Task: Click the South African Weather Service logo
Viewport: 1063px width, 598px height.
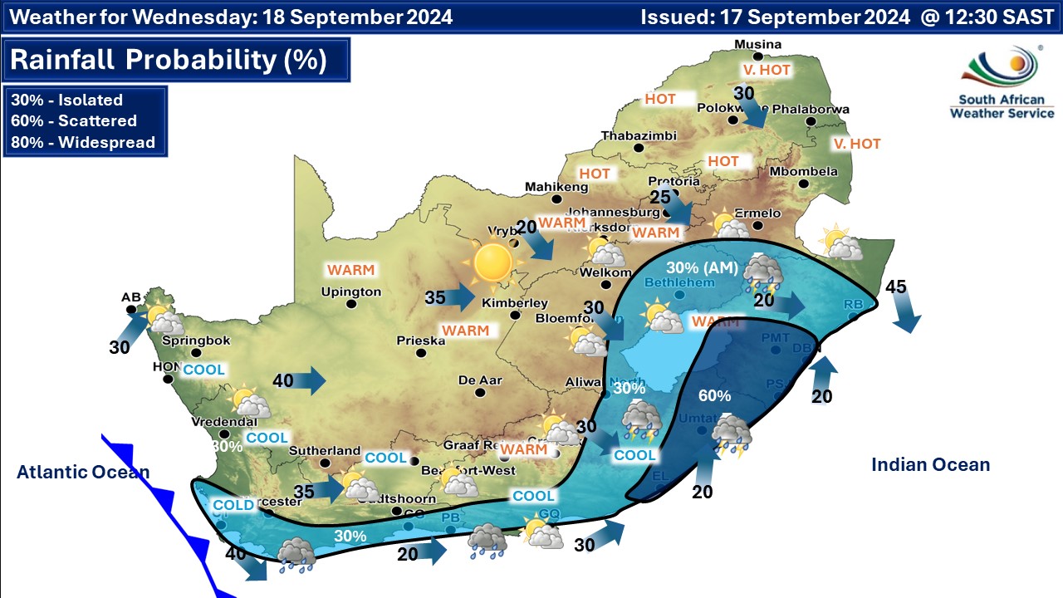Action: point(1002,83)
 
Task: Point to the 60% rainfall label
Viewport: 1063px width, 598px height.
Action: point(714,395)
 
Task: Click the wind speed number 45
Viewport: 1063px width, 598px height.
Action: point(895,287)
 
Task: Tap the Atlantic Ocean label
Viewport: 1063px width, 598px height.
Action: point(83,473)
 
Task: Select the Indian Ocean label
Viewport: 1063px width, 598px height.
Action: point(930,465)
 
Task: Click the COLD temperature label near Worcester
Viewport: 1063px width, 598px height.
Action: point(233,505)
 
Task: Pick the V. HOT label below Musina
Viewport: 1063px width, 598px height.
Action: point(767,71)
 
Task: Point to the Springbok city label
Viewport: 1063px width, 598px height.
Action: point(189,341)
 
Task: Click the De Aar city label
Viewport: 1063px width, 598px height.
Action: point(480,380)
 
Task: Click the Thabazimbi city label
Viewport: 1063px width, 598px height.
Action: point(634,136)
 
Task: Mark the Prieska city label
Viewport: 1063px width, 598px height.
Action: point(421,341)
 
